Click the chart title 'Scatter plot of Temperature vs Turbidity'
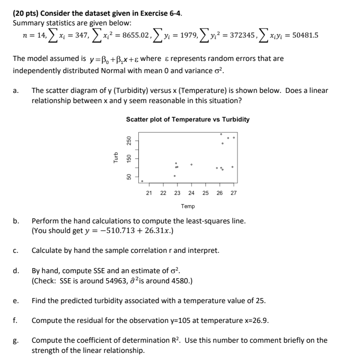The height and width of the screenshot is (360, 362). click(188, 119)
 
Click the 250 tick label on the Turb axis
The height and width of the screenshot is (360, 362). click(129, 140)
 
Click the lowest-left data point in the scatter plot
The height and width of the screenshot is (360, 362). click(142, 181)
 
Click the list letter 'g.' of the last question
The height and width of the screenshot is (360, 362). click(16, 340)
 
